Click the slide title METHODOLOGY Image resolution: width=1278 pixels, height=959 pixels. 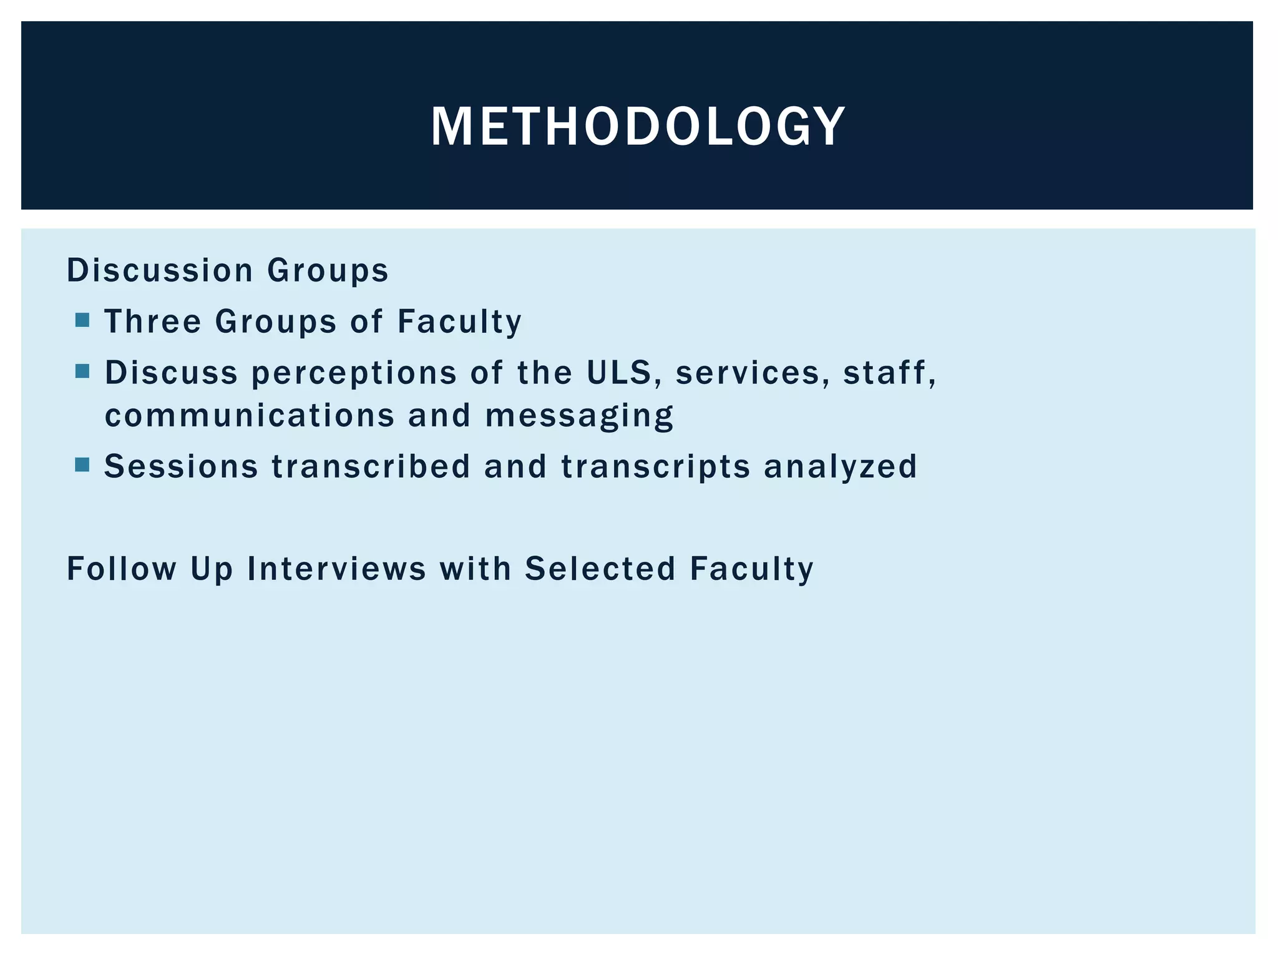pos(638,127)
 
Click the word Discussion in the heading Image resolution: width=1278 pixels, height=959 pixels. pos(160,271)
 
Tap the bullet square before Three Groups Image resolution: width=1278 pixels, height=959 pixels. pos(82,321)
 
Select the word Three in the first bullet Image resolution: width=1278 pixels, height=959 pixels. pos(153,322)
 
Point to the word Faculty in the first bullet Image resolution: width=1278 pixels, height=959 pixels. pos(459,322)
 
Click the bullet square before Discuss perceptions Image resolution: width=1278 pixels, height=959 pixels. pos(82,372)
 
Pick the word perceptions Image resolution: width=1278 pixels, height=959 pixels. pos(354,373)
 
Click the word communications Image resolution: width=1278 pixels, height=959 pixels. pos(250,416)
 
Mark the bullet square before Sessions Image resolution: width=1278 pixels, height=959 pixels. pos(82,465)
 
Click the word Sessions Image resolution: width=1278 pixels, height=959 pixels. pos(181,466)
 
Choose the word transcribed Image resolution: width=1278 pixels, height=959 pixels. pos(371,466)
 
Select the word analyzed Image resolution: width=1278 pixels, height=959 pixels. pos(841,467)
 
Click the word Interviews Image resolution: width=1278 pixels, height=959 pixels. pos(336,569)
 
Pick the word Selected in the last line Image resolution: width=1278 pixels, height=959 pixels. pos(600,569)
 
